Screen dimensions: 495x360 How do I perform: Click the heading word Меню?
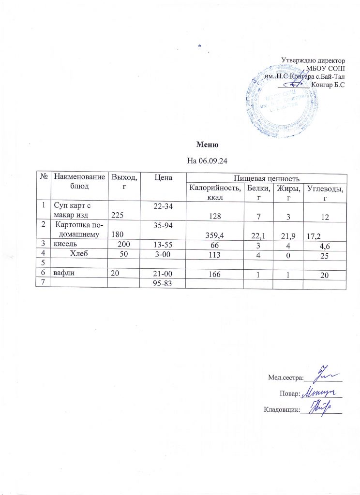pos(208,145)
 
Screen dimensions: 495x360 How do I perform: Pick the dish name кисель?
pos(63,244)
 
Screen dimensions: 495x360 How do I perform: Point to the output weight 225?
pos(118,216)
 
